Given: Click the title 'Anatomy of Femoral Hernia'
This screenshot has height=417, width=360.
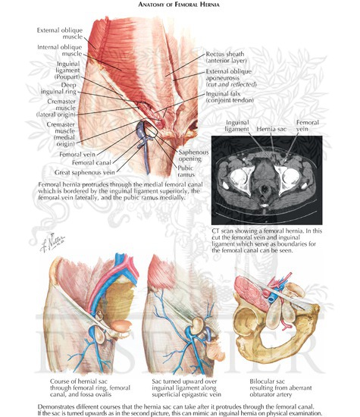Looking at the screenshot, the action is [179, 5].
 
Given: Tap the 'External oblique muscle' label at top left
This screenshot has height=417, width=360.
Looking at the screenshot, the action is [60, 33].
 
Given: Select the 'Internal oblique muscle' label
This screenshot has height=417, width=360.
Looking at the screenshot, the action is [60, 50].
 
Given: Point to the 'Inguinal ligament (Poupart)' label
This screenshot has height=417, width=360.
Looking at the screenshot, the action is [67, 71].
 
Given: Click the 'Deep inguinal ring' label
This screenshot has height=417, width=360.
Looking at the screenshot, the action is [58, 88].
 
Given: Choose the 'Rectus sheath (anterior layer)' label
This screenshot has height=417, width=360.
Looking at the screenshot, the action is [226, 57].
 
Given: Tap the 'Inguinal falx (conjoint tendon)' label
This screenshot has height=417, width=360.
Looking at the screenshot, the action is [230, 97].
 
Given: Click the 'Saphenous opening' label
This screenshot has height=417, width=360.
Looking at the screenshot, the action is [193, 155].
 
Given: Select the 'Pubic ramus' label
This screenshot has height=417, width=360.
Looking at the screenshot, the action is [186, 171].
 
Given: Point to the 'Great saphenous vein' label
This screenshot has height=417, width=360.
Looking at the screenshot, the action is [85, 172].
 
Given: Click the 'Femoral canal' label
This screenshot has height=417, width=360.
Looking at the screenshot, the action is [92, 162].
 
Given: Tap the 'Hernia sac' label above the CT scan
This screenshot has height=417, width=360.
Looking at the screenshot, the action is [271, 129].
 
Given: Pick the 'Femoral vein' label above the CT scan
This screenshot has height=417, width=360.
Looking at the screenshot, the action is [308, 126].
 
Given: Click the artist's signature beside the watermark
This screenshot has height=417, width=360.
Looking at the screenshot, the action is [52, 242].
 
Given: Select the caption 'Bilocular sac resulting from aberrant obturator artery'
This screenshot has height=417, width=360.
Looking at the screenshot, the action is [280, 387].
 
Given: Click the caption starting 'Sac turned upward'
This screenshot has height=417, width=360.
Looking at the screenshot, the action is [186, 387].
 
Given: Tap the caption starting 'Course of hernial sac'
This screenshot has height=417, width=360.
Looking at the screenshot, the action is [90, 387].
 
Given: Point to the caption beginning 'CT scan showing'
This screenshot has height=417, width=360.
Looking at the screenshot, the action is [267, 240].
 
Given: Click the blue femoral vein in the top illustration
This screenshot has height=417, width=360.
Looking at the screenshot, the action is [141, 127].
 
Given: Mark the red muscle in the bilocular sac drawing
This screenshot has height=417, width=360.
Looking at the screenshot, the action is [251, 293].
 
